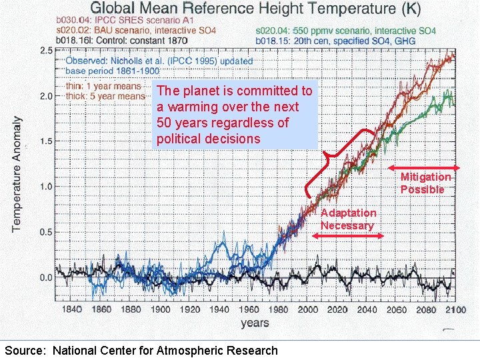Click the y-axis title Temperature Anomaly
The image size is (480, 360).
coord(17,175)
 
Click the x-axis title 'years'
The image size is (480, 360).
coord(254,323)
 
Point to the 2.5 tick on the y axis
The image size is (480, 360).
coord(45,51)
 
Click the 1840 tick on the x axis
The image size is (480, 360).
coord(72,309)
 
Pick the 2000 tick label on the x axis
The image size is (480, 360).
coord(308,309)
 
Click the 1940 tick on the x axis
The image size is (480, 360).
coord(219,309)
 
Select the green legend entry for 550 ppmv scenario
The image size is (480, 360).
coord(345,31)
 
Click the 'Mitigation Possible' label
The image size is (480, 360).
coord(425,183)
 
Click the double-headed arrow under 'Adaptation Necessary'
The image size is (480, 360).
coord(347,235)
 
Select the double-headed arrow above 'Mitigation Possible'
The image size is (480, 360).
coord(424,167)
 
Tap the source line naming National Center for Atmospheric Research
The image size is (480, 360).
coord(141,351)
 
